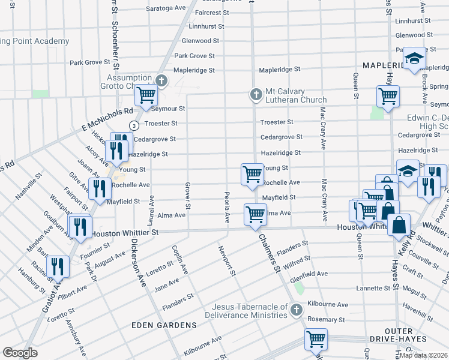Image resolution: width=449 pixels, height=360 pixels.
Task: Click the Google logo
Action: pos(20,353)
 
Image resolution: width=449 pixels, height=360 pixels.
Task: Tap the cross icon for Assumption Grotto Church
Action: pos(161,80)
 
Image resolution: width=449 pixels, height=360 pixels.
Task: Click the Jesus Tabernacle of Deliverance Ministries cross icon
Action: pos(295,310)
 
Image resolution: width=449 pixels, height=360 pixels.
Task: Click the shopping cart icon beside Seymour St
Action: pos(145,95)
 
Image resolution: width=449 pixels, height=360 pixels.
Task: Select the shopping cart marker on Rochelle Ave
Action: pos(252,174)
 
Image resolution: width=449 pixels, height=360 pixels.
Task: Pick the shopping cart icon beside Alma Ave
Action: pos(255,214)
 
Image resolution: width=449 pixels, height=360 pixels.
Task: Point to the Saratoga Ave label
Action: pos(167,8)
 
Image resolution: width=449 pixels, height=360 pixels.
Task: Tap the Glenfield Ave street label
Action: pos(309,274)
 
